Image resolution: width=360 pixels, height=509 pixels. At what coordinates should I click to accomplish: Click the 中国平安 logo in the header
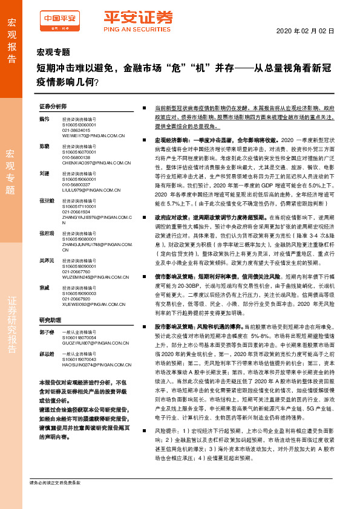58,19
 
